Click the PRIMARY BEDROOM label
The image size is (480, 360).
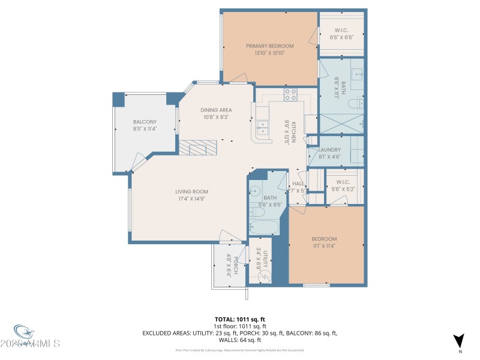(x=269, y=46)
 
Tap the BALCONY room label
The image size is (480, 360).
(x=145, y=122)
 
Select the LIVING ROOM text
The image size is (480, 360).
(x=191, y=192)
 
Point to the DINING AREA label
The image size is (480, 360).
(x=216, y=110)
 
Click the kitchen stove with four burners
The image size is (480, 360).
(x=290, y=94)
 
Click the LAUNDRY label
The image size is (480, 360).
(x=329, y=150)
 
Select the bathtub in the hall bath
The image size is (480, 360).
(x=264, y=227)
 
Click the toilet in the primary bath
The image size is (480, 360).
(x=358, y=104)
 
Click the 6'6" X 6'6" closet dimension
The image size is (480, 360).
(x=341, y=37)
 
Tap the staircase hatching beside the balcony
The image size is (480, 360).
(x=197, y=148)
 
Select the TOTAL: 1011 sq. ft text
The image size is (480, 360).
(x=240, y=319)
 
